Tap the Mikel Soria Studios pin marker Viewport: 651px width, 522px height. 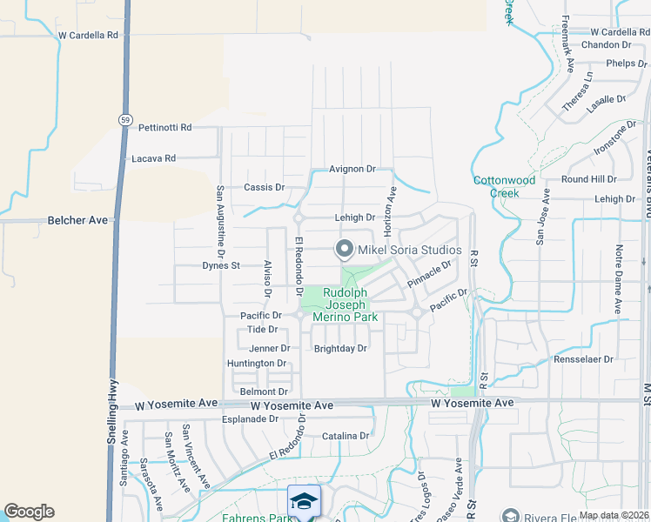[344, 251]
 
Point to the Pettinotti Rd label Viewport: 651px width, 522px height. [164, 127]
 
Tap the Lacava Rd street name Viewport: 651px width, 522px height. [153, 158]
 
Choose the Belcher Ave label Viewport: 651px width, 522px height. [78, 220]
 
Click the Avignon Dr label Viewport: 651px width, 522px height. [352, 169]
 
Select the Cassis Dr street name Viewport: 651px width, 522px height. [264, 187]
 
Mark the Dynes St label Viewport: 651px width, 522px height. [220, 265]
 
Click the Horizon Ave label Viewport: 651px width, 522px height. [392, 208]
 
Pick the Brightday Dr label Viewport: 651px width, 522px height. [340, 348]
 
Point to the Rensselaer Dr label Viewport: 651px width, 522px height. [583, 358]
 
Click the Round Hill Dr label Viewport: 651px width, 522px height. [588, 178]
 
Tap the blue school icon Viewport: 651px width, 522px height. [304, 501]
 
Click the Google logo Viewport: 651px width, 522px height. [29, 512]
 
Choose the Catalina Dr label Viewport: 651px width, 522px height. [346, 436]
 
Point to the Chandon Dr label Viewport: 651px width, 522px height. [600, 44]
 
